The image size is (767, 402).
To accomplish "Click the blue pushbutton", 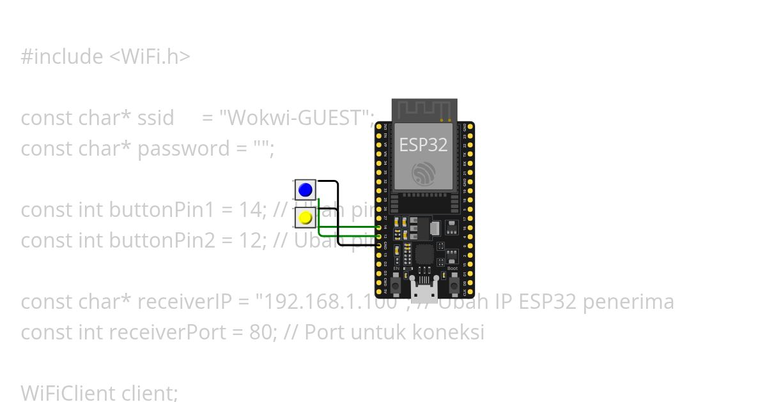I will tap(306, 190).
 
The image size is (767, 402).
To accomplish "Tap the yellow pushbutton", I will tap(306, 218).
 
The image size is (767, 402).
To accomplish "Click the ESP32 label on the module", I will tap(423, 145).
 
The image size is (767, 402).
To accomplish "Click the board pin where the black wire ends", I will tap(379, 244).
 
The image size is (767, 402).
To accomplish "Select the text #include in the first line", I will tap(61, 57).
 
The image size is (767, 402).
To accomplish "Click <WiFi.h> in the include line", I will tap(150, 57).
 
